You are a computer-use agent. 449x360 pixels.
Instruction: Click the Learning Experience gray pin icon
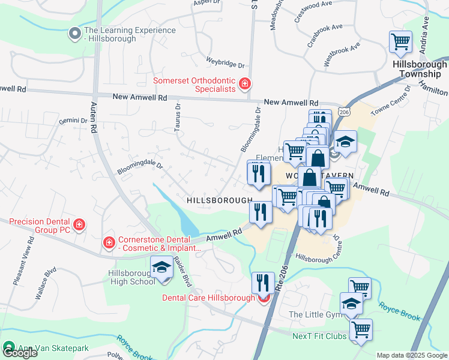[x=74, y=34]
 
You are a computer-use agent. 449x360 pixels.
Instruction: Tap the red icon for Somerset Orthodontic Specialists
[x=244, y=84]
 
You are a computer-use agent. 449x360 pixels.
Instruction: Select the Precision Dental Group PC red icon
[x=79, y=226]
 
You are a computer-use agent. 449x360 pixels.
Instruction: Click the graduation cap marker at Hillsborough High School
[x=161, y=268]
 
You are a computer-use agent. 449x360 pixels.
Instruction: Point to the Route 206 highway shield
[x=343, y=112]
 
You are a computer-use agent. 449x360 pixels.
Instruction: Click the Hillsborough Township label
[x=420, y=69]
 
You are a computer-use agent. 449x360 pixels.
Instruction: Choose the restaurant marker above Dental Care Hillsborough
[x=263, y=282]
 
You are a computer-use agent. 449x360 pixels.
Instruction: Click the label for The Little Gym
[x=313, y=314]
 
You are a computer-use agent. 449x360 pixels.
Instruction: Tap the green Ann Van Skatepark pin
[x=8, y=347]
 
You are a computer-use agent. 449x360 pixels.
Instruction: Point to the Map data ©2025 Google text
[x=412, y=355]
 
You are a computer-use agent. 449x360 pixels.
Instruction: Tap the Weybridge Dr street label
[x=226, y=62]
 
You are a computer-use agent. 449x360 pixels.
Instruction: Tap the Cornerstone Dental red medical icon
[x=109, y=242]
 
